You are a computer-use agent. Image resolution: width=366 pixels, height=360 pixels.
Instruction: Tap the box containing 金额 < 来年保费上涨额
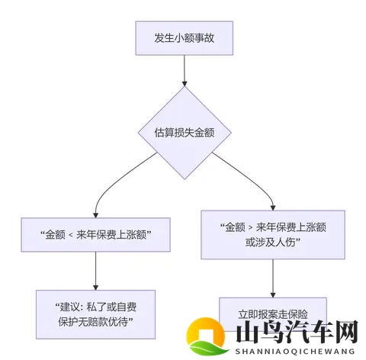tap(95, 236)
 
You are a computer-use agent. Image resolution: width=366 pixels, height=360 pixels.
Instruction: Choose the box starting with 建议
tap(95, 314)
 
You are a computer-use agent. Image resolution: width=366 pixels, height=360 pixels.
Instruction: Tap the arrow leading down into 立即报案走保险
tap(273, 278)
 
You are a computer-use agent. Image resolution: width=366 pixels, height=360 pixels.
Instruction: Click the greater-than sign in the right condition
tap(249, 227)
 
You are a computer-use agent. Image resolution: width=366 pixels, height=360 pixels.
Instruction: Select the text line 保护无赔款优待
tap(95, 322)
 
